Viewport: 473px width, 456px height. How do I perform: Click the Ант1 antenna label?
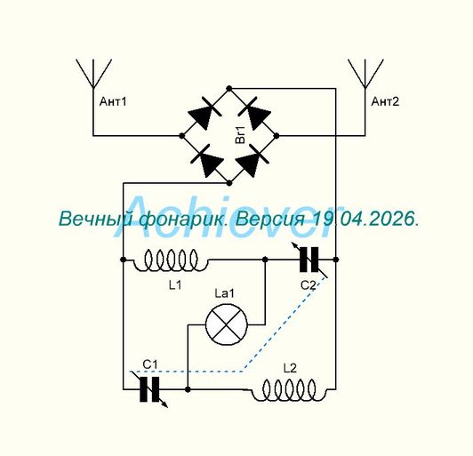click(x=113, y=101)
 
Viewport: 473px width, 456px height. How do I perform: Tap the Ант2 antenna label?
click(x=385, y=101)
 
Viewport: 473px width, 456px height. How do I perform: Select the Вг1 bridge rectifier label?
click(x=240, y=135)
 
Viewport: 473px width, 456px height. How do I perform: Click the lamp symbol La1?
click(x=226, y=324)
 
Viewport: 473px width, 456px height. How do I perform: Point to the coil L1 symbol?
click(x=171, y=260)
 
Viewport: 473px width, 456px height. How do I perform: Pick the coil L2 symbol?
click(x=289, y=390)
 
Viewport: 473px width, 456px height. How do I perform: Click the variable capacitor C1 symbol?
click(x=149, y=389)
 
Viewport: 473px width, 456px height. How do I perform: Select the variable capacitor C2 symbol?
click(x=309, y=260)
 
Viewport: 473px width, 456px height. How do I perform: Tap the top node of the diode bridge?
click(x=229, y=88)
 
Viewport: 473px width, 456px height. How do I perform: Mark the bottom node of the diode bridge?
click(x=229, y=183)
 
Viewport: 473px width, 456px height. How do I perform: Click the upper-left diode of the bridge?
click(x=204, y=113)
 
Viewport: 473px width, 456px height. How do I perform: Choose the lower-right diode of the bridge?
click(x=253, y=160)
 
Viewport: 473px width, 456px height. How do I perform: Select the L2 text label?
click(x=290, y=368)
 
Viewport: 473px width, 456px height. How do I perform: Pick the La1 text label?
click(x=224, y=293)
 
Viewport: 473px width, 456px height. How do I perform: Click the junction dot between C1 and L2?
click(x=188, y=389)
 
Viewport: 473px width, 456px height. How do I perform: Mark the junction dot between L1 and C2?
click(x=265, y=260)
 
